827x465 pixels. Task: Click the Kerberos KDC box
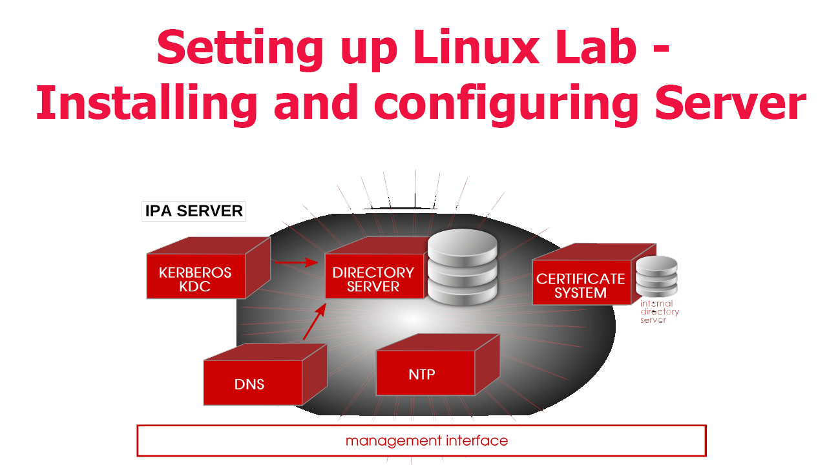pyautogui.click(x=196, y=279)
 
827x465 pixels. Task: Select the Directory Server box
pyautogui.click(x=373, y=279)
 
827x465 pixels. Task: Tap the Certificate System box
pyautogui.click(x=580, y=285)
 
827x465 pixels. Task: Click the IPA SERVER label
pyautogui.click(x=194, y=211)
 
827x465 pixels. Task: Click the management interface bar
pyautogui.click(x=421, y=441)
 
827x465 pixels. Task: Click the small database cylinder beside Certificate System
pyautogui.click(x=656, y=276)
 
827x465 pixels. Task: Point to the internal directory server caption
pyautogui.click(x=659, y=312)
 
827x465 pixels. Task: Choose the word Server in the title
pyautogui.click(x=730, y=104)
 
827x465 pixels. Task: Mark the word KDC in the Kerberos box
pyautogui.click(x=195, y=287)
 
